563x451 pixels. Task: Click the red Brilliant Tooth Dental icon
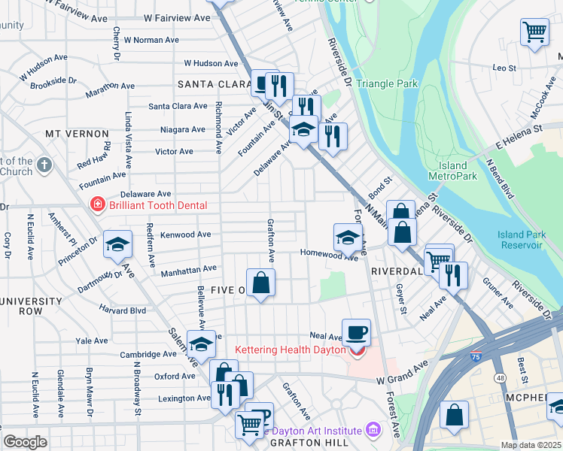tap(96, 204)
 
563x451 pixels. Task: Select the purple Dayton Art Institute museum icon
tap(372, 430)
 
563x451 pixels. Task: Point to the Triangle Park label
tap(387, 84)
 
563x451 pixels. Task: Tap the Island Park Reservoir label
tap(520, 240)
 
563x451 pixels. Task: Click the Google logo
tap(25, 442)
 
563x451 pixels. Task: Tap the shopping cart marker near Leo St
tap(534, 32)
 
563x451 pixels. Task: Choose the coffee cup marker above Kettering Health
tap(356, 331)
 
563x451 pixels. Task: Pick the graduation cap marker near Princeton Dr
tap(117, 244)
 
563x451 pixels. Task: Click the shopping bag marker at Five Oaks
tap(260, 283)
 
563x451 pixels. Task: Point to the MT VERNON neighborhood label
tap(77, 134)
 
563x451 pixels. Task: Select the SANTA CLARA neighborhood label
tap(213, 84)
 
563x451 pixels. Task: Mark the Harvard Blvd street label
tap(123, 310)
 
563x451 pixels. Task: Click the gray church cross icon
tap(44, 165)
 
